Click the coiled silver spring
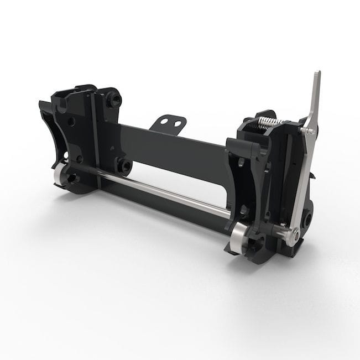click(267, 122)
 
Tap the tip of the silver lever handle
click(317, 74)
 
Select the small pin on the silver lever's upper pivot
click(310, 132)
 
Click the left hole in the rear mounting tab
click(165, 122)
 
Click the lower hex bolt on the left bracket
click(123, 165)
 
